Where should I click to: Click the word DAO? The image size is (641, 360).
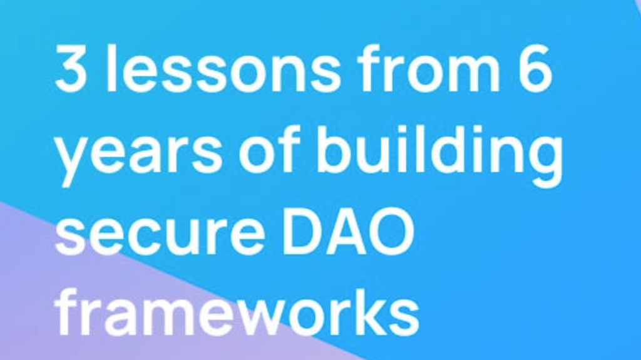point(347,230)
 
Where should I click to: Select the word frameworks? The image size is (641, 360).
point(237,311)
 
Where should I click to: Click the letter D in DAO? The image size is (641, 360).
point(302,230)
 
